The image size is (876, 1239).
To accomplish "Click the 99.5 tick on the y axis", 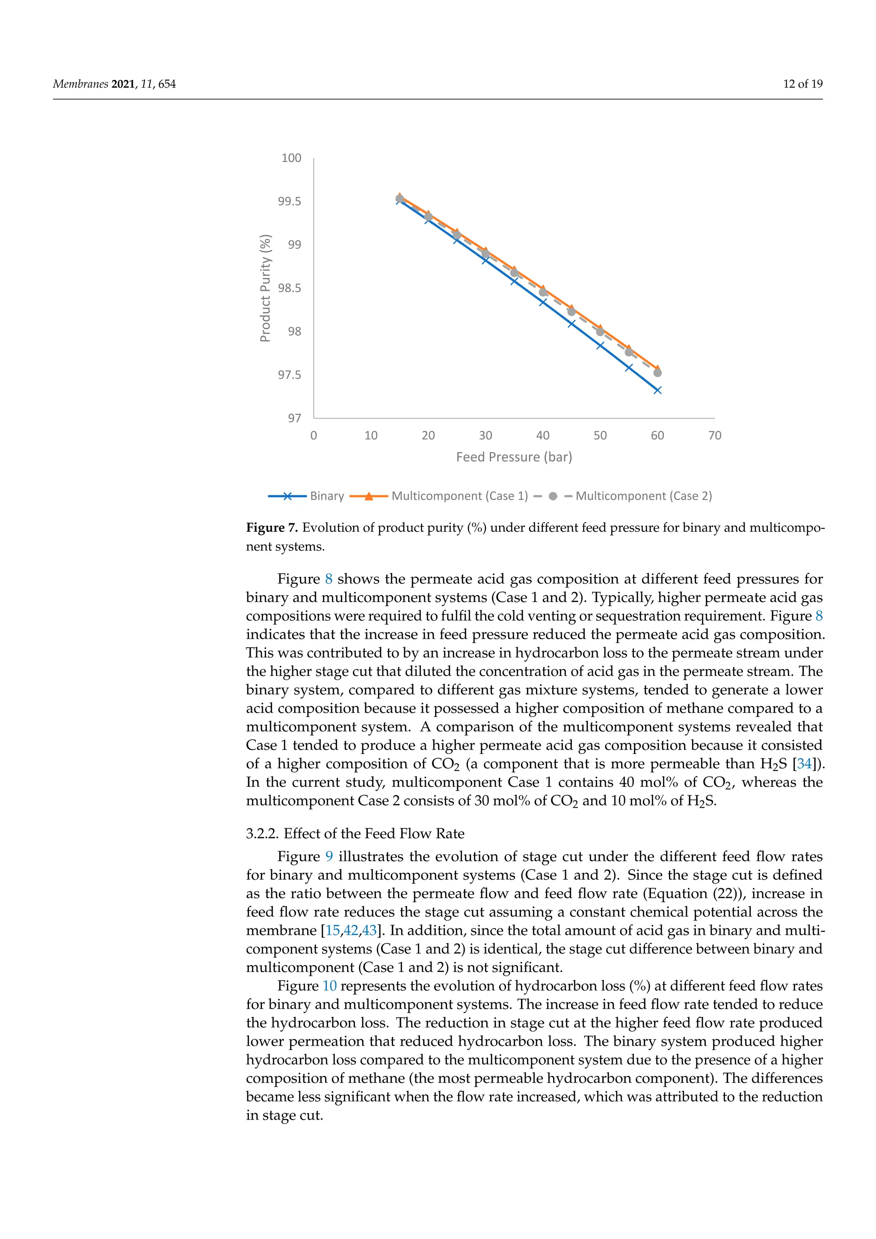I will [289, 201].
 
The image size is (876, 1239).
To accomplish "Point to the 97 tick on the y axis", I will [294, 418].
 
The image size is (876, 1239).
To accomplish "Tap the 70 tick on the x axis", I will [714, 436].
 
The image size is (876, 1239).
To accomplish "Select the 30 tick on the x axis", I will [485, 436].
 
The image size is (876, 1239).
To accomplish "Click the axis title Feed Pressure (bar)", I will [514, 457].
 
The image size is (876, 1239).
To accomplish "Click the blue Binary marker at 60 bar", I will [657, 390].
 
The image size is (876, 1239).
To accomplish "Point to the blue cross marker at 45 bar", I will [571, 324].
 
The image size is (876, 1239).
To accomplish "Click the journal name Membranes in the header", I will [80, 84].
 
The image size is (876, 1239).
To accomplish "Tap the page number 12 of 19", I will [802, 84].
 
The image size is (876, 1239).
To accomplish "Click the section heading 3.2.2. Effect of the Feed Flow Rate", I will [355, 833].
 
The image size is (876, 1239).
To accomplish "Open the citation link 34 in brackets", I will [804, 764].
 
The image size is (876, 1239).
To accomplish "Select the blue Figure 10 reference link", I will [330, 985].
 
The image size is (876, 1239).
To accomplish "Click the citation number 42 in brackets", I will [351, 931].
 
